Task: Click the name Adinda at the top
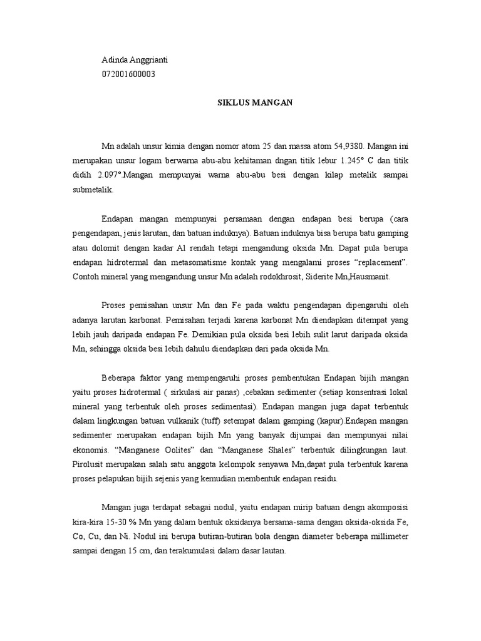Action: point(115,60)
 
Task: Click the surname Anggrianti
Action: point(150,60)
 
